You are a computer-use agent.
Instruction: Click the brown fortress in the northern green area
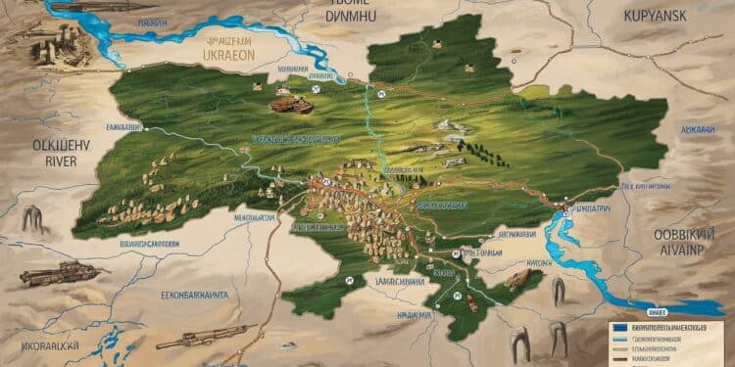292,104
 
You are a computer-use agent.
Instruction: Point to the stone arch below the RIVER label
33,219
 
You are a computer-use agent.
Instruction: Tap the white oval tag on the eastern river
562,209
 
